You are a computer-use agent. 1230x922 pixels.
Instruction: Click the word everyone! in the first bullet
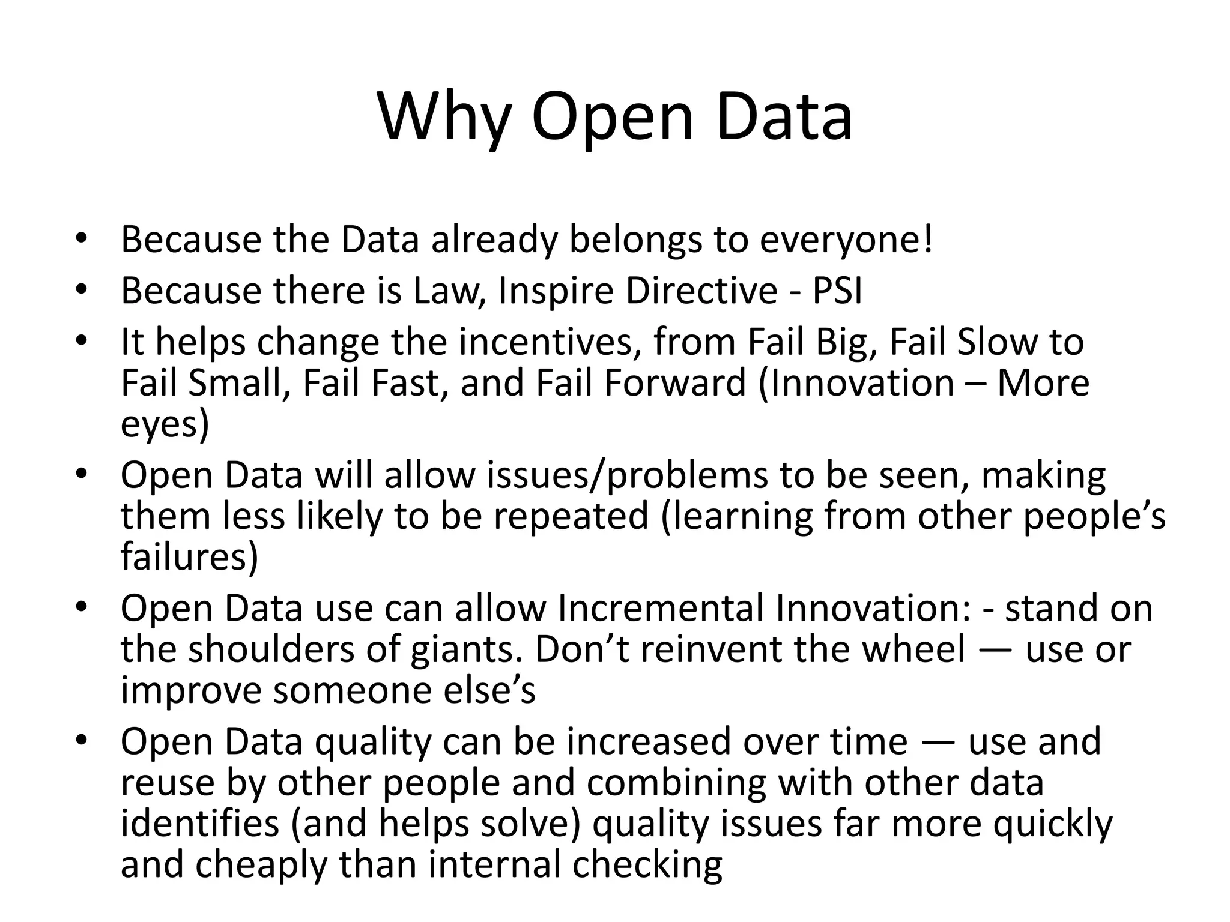click(x=846, y=240)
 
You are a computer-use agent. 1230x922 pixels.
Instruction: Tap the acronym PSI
click(x=837, y=291)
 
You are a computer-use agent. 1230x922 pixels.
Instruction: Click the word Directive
click(x=701, y=291)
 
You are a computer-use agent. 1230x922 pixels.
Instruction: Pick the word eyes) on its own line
click(x=165, y=425)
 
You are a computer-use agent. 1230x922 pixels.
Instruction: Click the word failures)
click(x=189, y=557)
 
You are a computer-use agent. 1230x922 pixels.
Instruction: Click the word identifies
click(x=200, y=824)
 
